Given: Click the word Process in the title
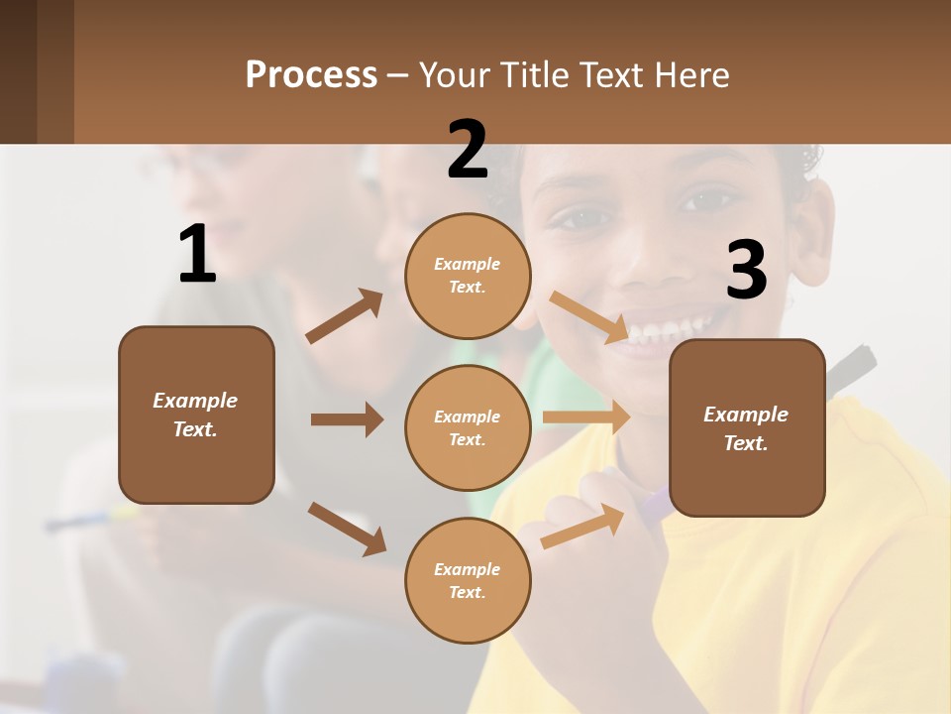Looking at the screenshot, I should (311, 75).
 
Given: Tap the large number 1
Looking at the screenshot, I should (197, 254).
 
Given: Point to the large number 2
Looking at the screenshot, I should (468, 150).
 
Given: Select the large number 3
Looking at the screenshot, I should (746, 271).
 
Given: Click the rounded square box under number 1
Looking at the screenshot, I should (196, 415).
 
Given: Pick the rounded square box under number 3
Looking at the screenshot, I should (747, 427).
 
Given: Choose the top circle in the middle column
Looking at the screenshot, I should (468, 276).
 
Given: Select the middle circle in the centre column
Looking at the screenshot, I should (468, 427).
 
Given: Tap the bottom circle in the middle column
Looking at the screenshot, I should (468, 580).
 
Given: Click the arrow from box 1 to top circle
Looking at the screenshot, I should (344, 316).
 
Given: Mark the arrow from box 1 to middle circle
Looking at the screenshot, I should (347, 419).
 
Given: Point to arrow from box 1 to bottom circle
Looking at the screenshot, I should (347, 528).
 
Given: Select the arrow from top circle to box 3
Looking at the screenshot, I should (588, 316).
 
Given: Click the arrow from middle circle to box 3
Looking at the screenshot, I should (586, 417).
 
